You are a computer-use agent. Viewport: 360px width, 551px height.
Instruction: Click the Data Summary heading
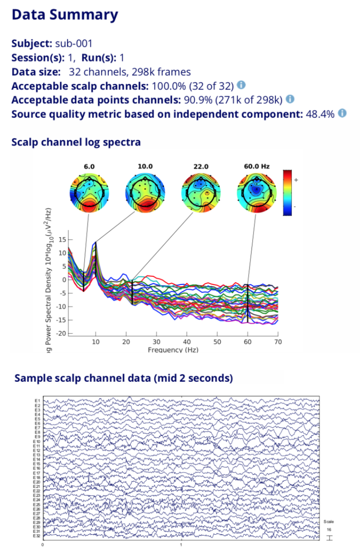coord(65,15)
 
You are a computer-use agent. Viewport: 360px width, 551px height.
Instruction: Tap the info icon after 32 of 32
coord(241,85)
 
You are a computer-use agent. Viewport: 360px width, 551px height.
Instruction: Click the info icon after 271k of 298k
coord(290,99)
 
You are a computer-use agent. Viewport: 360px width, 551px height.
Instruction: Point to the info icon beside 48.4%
coord(342,113)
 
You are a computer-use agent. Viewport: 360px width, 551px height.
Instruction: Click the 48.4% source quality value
coord(320,114)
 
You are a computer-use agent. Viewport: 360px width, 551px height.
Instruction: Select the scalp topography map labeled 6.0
coord(89,192)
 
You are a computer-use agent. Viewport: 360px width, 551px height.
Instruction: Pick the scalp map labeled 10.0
coord(145,192)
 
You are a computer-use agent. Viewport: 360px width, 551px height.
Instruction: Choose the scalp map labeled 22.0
coord(200,192)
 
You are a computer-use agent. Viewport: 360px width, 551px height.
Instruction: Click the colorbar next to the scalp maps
coord(288,192)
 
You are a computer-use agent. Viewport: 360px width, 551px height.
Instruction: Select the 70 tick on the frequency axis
coord(278,342)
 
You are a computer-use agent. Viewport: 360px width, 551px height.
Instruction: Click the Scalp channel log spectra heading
coord(76,142)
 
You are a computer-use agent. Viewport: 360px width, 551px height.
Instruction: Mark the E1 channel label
coord(38,401)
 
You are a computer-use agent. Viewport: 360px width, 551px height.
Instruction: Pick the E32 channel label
coord(37,536)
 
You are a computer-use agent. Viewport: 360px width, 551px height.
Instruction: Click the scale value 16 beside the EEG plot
coord(329,529)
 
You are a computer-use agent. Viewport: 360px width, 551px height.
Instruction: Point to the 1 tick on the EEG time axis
coord(181,545)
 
